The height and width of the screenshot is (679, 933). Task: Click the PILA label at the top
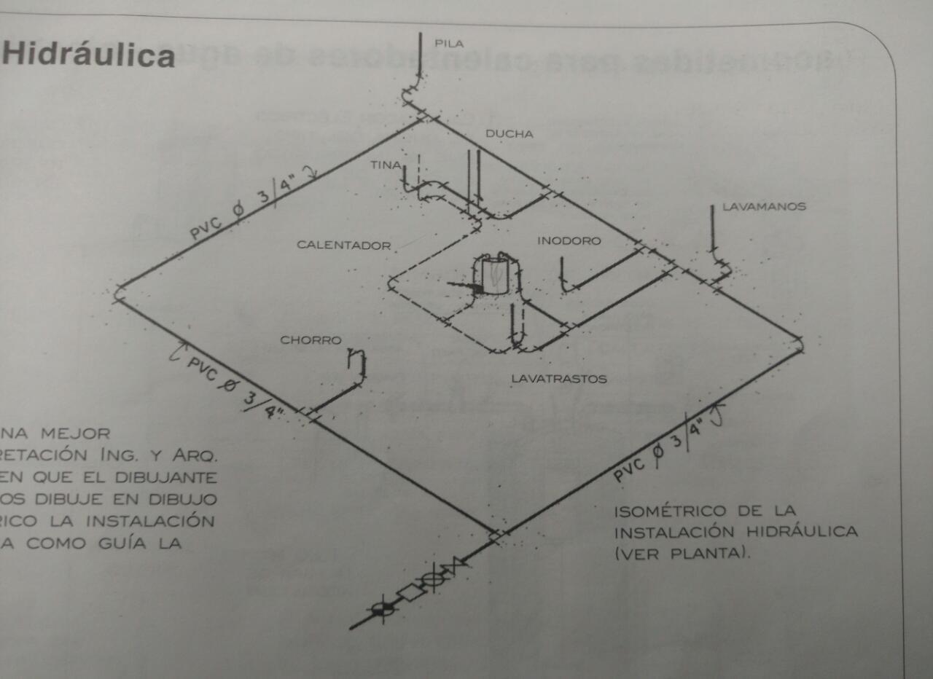click(x=449, y=44)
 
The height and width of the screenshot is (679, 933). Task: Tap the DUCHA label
click(x=510, y=134)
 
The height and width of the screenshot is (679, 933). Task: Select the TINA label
click(x=385, y=165)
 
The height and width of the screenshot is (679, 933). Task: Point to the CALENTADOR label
click(x=343, y=246)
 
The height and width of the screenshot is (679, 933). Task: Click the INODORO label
click(x=569, y=240)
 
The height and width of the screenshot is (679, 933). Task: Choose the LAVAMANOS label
click(x=764, y=207)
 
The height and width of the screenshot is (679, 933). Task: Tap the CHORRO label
click(x=311, y=340)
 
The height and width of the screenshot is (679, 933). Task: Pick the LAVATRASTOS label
click(x=558, y=379)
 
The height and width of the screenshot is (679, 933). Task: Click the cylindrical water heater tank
click(x=494, y=275)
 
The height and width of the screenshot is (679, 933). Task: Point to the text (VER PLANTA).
click(x=682, y=553)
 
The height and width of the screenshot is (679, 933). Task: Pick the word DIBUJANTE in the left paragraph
click(x=174, y=478)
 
